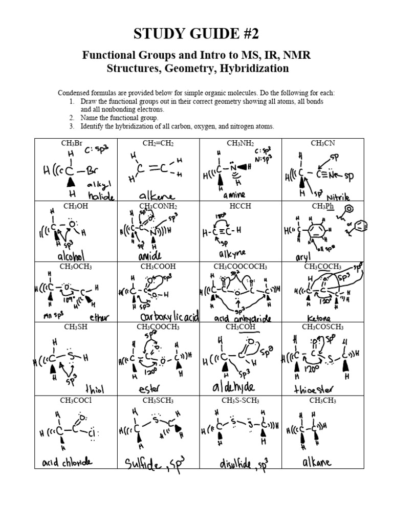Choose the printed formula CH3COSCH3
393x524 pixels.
click(322, 327)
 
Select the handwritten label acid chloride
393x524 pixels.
click(68, 462)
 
